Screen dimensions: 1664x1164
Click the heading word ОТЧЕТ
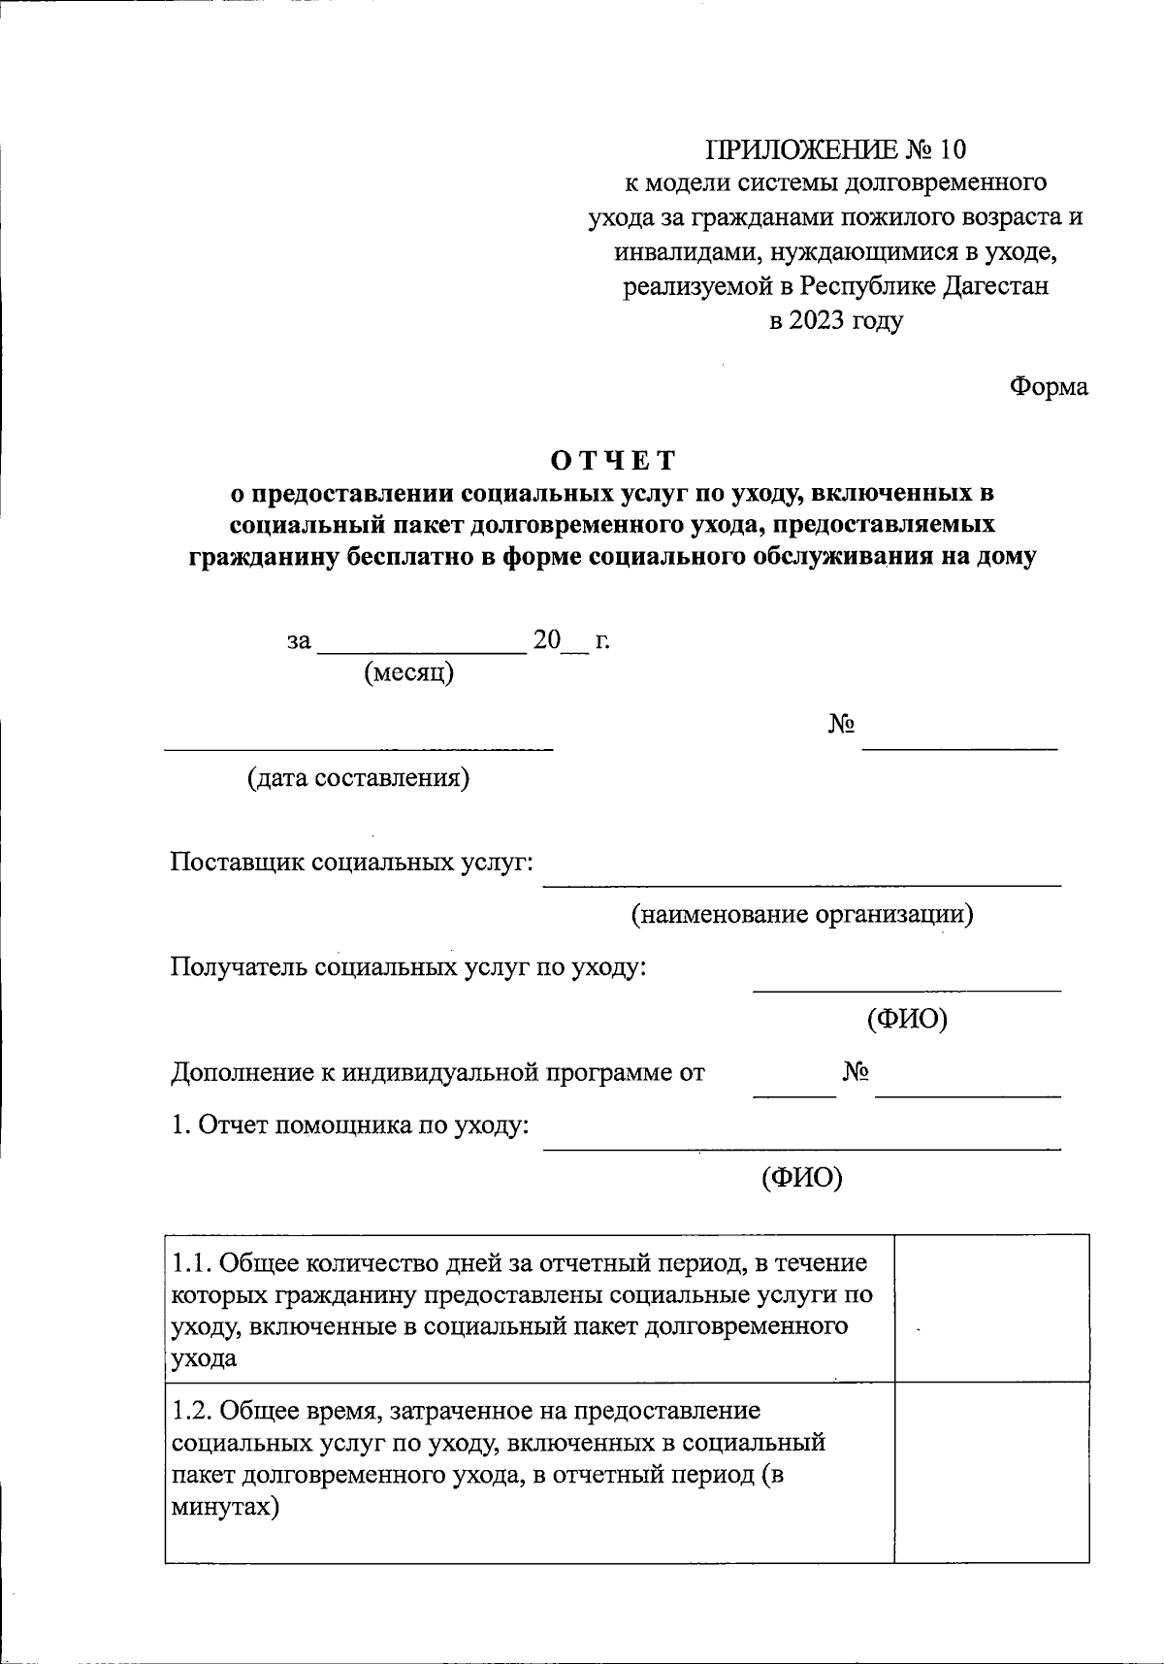[x=612, y=459]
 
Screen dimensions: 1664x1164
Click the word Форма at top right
[x=1049, y=387]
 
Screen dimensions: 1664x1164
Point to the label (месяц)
[x=408, y=672]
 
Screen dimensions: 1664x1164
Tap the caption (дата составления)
[x=358, y=778]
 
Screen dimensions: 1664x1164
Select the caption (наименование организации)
[x=802, y=914]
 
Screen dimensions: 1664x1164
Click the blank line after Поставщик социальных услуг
[x=801, y=884]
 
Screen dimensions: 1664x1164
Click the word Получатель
[x=240, y=967]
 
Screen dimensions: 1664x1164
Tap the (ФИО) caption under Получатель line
[x=906, y=1019]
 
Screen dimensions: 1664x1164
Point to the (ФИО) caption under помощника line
[x=801, y=1177]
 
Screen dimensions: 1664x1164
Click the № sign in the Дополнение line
[x=855, y=1072]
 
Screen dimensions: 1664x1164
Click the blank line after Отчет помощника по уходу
[x=801, y=1148]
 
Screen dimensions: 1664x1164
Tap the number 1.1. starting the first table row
[x=191, y=1263]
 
